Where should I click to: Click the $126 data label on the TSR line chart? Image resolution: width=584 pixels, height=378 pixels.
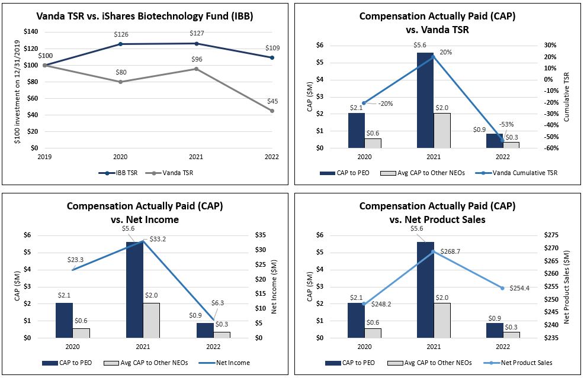point(121,35)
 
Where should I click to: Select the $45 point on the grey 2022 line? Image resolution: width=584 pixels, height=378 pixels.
point(272,111)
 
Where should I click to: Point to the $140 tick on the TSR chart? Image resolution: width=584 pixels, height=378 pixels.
point(30,31)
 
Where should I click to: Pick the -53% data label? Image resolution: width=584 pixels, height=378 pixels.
point(506,124)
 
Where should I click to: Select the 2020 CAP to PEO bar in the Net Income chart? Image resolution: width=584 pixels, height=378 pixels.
point(65,320)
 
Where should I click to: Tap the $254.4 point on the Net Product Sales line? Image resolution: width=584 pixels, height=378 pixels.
point(502,288)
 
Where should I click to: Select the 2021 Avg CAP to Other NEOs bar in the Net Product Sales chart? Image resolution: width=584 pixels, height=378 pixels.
point(441,320)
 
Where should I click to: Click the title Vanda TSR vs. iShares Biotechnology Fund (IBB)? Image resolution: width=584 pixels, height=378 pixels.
point(146,17)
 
